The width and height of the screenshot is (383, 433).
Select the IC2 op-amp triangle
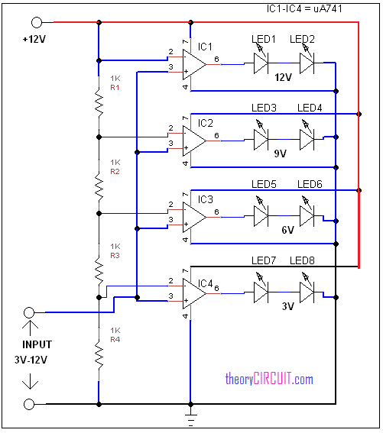(193, 139)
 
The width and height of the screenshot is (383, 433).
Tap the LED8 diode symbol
(306, 289)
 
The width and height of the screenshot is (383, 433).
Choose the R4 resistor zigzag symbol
(99, 354)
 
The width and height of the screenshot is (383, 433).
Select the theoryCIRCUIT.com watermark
(269, 379)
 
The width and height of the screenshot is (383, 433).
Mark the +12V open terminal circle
(29, 24)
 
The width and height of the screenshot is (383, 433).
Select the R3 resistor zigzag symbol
(99, 269)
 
